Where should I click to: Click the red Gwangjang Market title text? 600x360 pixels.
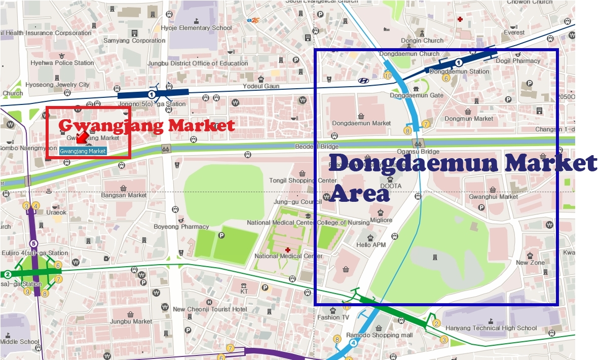point(147,125)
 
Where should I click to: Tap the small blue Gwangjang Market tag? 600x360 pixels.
point(83,151)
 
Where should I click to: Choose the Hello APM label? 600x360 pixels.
point(371,245)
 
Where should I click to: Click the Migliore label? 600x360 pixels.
point(381,221)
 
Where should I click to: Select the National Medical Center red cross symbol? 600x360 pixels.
point(288,249)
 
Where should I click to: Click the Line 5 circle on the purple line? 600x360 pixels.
point(33,243)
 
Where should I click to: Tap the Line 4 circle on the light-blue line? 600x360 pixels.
point(353,343)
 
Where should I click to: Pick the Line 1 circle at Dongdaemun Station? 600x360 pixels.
point(458,63)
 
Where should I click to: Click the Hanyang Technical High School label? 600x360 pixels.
point(490,328)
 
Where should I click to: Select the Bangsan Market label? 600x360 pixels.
point(124,195)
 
